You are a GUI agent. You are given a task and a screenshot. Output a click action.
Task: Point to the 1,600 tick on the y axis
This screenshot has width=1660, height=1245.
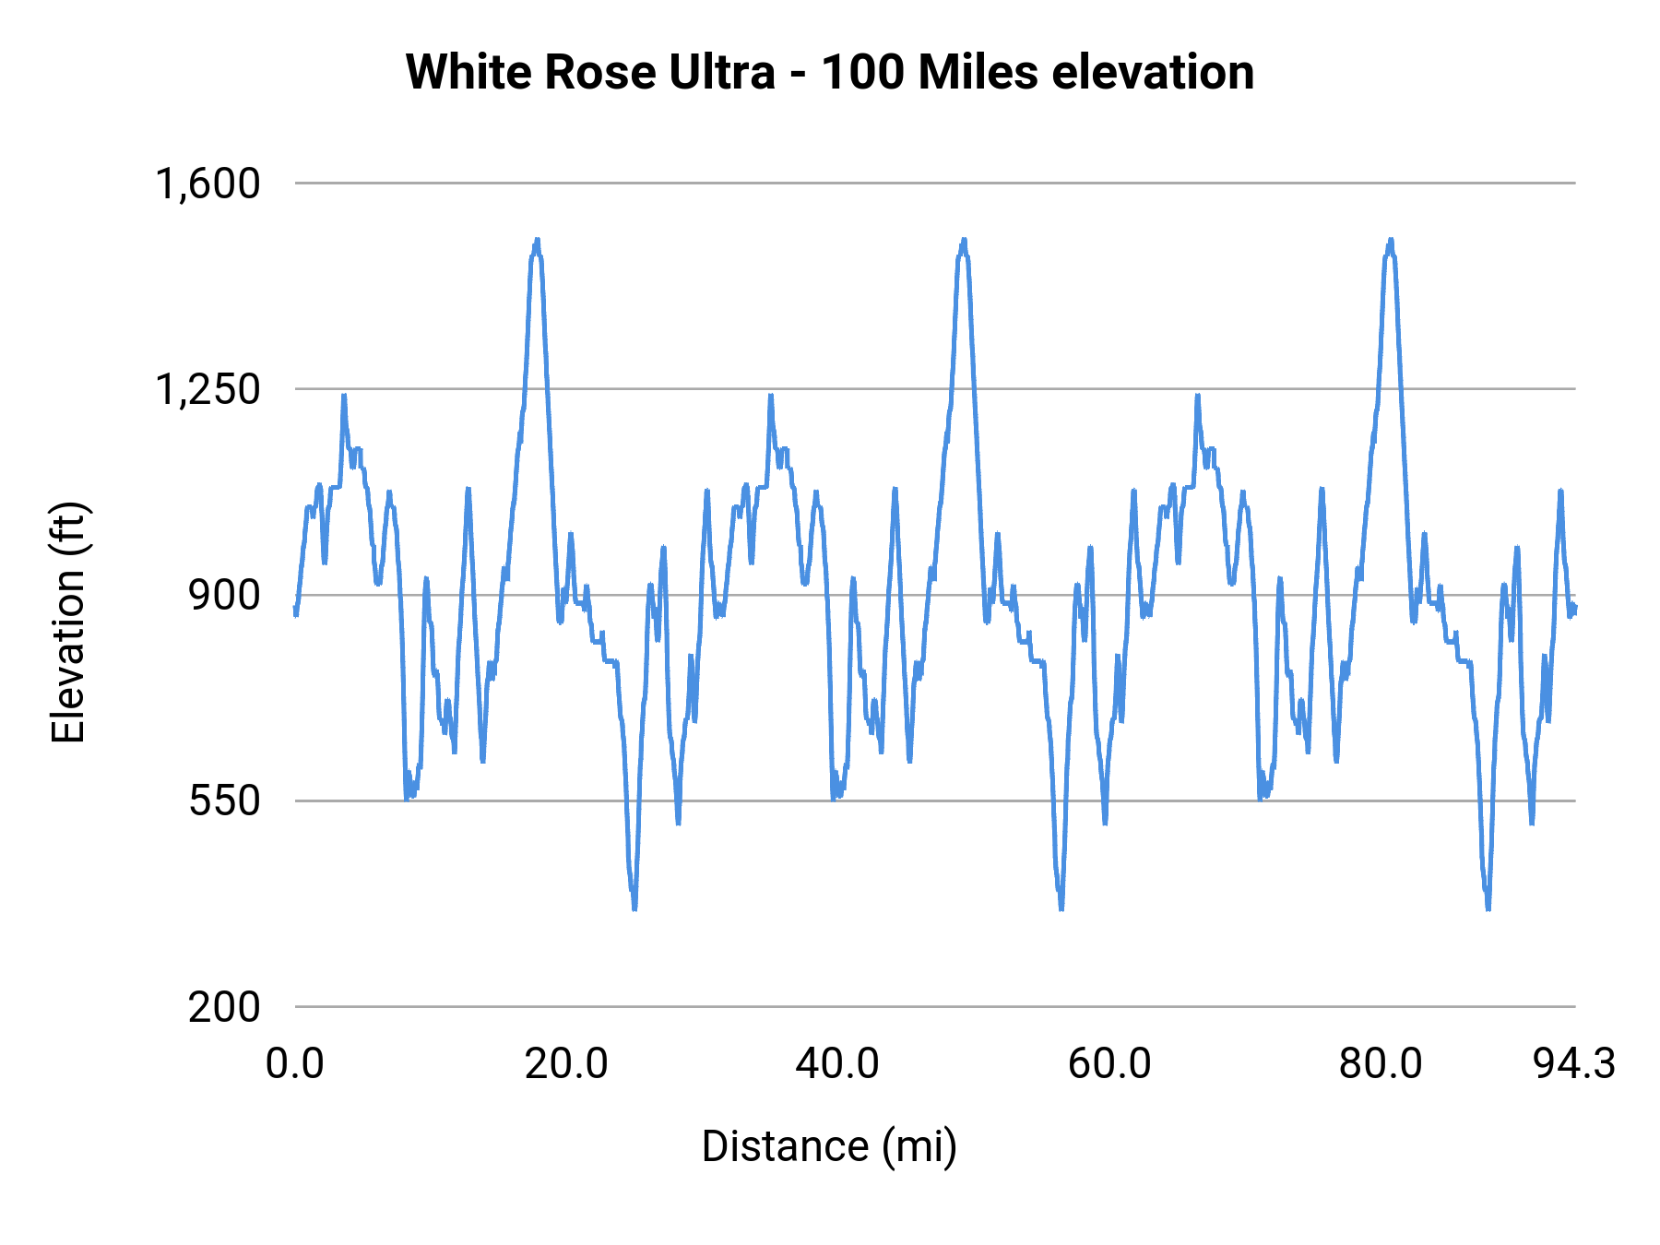tap(207, 184)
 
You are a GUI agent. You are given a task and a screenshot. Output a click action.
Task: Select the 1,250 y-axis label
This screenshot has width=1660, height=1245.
tap(207, 389)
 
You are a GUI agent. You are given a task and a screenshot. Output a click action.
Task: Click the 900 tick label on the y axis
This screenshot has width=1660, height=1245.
tap(225, 595)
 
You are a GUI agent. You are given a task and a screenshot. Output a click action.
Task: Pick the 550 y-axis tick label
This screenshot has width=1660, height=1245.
tap(225, 800)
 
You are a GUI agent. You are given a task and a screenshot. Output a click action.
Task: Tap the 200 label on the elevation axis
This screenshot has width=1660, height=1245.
tap(225, 1006)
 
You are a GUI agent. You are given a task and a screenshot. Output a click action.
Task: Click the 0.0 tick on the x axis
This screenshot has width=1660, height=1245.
tap(295, 1063)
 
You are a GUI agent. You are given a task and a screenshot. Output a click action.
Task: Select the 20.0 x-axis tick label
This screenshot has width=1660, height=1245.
tap(566, 1063)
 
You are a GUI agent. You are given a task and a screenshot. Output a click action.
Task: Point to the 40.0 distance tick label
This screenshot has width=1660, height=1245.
tap(837, 1063)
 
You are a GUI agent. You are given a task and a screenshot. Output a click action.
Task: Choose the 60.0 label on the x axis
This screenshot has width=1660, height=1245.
tap(1109, 1063)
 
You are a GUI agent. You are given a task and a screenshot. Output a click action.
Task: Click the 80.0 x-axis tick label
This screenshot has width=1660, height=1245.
tap(1381, 1063)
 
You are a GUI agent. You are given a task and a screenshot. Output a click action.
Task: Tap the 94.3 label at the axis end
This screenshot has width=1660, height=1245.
tap(1574, 1063)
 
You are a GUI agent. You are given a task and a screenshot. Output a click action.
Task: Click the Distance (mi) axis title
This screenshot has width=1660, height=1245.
tap(829, 1146)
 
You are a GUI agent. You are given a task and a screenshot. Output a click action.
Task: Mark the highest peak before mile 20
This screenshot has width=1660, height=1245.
tap(537, 240)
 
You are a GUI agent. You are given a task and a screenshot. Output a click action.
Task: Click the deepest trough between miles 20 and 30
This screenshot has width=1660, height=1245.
tap(634, 908)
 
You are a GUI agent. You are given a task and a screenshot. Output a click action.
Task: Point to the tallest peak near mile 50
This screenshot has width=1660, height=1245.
tap(964, 240)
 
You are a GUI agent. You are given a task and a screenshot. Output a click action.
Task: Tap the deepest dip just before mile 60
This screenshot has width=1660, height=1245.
tap(1061, 908)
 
